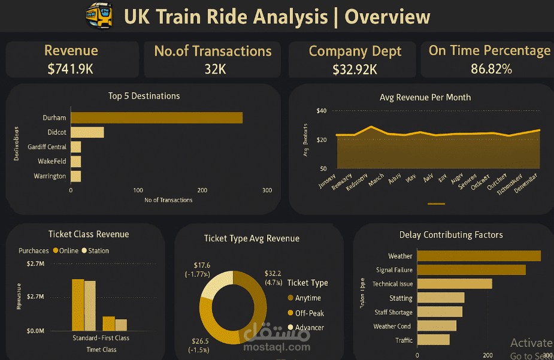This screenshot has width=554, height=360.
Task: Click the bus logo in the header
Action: coord(99,16)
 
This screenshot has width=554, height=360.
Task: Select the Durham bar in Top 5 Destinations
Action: coord(156,117)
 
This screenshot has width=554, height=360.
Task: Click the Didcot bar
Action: coord(87,132)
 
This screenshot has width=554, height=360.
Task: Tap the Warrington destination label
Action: coord(50,176)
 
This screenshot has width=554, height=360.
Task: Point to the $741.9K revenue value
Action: coord(71,69)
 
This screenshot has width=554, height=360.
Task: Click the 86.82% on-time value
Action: coord(491,69)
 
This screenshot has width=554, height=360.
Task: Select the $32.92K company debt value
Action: coord(355,69)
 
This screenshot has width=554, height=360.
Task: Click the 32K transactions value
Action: coord(215,69)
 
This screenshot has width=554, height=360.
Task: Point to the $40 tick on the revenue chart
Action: coord(322,111)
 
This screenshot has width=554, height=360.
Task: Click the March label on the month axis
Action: coord(376,180)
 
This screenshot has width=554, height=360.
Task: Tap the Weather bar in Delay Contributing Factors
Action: coord(479,256)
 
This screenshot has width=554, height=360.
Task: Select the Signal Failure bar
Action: coord(471,270)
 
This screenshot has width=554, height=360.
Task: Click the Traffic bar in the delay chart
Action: coord(433,340)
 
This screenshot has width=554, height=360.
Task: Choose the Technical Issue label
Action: coord(392,284)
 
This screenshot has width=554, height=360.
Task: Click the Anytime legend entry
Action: coord(308,298)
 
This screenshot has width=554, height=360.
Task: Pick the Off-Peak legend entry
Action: coord(309,313)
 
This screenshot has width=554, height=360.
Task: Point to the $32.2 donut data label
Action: coord(273,277)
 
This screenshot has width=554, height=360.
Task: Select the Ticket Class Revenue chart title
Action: coord(89,234)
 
